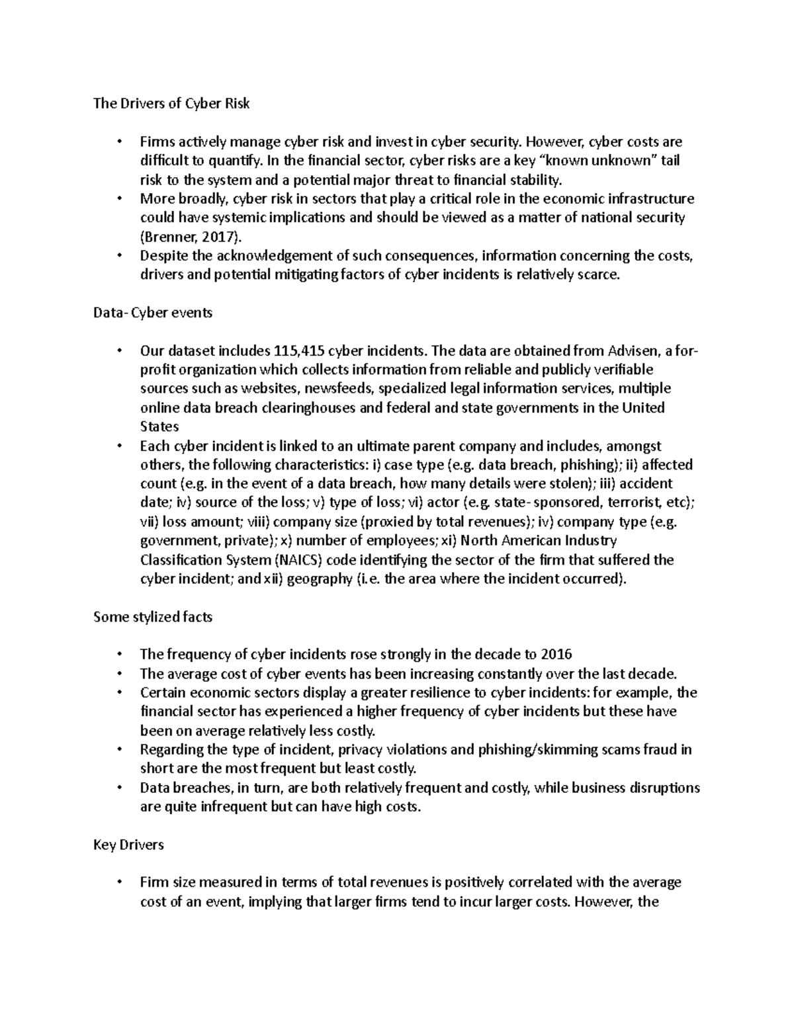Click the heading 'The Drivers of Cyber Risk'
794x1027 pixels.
pos(172,103)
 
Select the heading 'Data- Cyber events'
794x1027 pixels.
pos(153,313)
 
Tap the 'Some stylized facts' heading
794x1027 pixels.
pos(153,616)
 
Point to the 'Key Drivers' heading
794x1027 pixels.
pos(128,844)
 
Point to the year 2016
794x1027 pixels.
pos(556,655)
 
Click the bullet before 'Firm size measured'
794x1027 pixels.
pos(119,883)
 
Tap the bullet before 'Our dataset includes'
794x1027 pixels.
pos(119,350)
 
